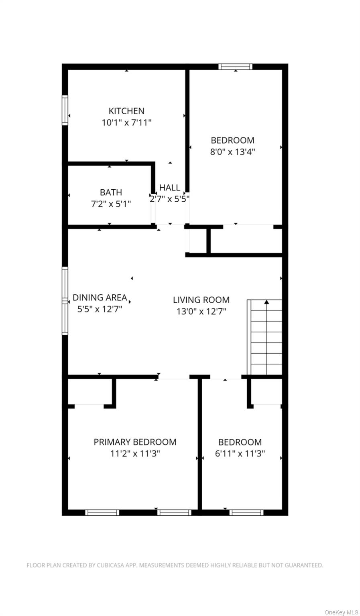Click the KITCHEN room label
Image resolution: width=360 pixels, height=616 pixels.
126,111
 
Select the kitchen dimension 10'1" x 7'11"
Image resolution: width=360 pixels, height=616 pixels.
126,123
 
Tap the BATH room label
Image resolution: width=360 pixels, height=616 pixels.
111,192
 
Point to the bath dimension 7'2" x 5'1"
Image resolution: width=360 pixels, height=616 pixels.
111,204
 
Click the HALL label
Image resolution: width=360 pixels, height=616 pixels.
170,188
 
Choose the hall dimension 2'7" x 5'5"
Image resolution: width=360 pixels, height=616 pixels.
170,199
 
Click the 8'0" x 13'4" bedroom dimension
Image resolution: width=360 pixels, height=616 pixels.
233,152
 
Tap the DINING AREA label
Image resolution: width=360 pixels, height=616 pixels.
100,298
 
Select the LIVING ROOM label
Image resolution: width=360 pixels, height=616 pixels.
201,300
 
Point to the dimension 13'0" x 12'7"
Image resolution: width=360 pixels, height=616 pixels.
201,311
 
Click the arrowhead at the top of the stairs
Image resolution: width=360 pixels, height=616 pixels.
266,302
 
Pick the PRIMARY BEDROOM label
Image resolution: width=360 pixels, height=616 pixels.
135,442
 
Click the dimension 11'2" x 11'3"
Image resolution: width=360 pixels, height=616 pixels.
135,454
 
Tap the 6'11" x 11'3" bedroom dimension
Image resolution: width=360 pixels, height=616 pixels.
240,454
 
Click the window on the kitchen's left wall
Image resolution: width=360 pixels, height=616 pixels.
65,110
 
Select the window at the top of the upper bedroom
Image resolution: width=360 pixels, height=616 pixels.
236,67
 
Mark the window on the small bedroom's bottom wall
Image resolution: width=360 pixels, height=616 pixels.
246,512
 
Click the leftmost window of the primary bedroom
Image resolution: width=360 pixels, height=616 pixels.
102,512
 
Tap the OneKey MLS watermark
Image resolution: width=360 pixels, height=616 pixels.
341,612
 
